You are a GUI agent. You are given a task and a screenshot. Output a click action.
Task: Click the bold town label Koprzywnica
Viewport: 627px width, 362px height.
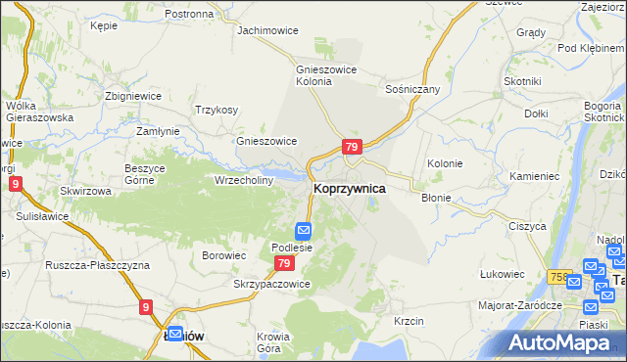(349, 187)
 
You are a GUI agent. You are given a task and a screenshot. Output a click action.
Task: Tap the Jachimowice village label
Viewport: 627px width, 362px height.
(268, 30)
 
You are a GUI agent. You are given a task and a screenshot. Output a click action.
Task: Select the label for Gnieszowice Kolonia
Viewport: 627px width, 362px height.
(327, 75)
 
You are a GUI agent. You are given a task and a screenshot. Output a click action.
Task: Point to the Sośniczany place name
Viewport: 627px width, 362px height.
(412, 89)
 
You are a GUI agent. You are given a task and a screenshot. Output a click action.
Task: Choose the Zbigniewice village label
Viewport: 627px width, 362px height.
(134, 96)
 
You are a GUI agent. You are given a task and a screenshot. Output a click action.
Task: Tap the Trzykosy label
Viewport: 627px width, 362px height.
(217, 110)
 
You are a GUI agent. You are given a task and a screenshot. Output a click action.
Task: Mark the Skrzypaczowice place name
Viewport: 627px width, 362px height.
(271, 284)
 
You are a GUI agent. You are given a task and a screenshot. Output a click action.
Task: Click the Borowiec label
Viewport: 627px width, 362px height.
(222, 255)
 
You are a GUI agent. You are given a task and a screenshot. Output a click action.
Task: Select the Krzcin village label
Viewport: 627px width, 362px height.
(408, 321)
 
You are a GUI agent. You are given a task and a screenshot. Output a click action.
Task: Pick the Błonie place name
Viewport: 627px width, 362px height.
(436, 198)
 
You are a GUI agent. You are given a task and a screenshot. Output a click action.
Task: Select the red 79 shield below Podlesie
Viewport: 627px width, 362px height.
(284, 264)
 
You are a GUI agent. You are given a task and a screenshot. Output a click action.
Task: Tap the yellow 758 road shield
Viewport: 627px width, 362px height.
(560, 277)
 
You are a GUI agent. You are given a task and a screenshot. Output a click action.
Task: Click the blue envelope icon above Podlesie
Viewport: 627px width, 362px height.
(304, 232)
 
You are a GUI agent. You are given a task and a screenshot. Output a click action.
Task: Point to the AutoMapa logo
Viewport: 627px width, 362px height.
(563, 343)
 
